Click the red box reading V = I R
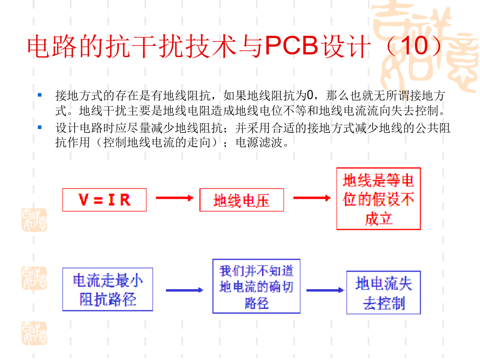coord(105,200)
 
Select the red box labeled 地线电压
coord(242,201)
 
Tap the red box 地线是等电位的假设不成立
coord(378,199)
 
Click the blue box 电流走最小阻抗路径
coord(108,289)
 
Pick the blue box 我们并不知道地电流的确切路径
coord(256,286)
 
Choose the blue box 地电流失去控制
coord(383,292)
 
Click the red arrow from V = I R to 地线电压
coord(174,198)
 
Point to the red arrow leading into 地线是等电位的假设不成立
coord(311,198)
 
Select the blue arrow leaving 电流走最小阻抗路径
coord(184,290)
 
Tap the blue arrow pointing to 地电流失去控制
coord(324,290)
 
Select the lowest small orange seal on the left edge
coord(34,332)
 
